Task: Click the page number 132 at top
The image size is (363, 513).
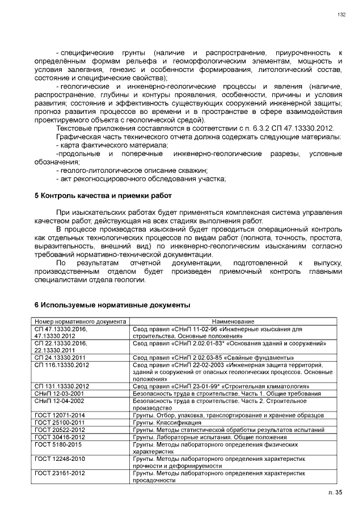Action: coord(341,15)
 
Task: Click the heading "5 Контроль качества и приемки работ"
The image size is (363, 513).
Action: coord(103,196)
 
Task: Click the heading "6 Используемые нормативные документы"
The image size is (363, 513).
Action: coord(112,305)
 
